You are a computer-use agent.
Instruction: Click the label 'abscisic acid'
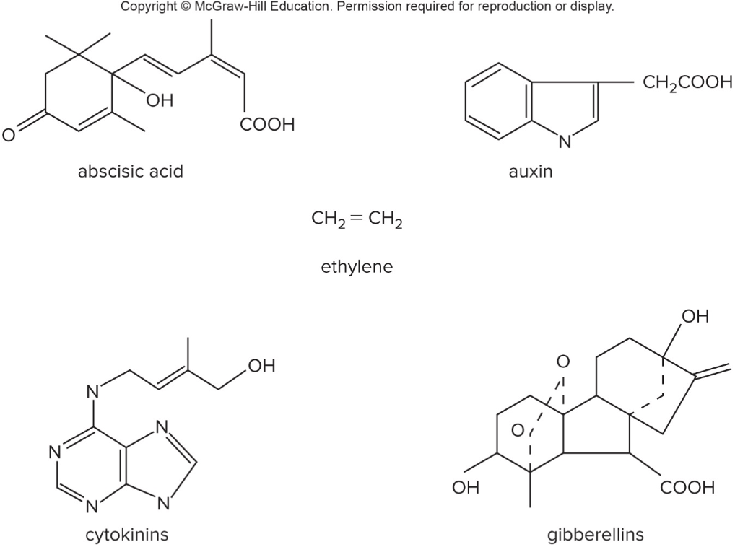pyautogui.click(x=130, y=172)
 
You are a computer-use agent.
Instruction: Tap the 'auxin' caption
pyautogui.click(x=531, y=172)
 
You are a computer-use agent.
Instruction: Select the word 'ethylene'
pyautogui.click(x=357, y=267)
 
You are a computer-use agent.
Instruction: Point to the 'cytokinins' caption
pyautogui.click(x=127, y=534)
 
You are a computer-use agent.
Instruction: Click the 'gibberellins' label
pyautogui.click(x=596, y=534)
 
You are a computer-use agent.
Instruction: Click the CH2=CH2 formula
pyautogui.click(x=357, y=219)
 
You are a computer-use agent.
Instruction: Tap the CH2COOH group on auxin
pyautogui.click(x=687, y=83)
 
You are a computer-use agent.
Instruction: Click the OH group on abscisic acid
pyautogui.click(x=160, y=100)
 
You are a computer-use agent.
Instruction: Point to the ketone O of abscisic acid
pyautogui.click(x=9, y=135)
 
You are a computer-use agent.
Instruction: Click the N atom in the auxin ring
pyautogui.click(x=565, y=141)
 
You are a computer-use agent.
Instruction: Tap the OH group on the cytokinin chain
pyautogui.click(x=261, y=366)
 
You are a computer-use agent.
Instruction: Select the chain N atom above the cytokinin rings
pyautogui.click(x=93, y=392)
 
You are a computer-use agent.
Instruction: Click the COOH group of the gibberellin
pyautogui.click(x=687, y=488)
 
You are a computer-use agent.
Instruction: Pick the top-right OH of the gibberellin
pyautogui.click(x=695, y=317)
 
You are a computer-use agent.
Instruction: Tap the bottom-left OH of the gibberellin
pyautogui.click(x=466, y=488)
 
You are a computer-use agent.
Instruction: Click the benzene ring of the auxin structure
pyautogui.click(x=499, y=102)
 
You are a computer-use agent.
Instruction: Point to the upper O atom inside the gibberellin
pyautogui.click(x=563, y=361)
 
